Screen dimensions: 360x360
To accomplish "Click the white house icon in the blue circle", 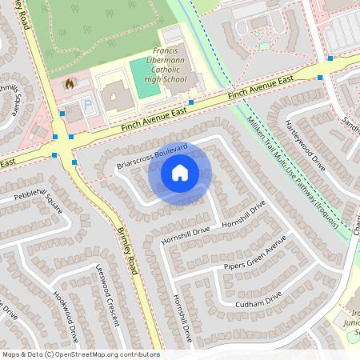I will coord(180,173).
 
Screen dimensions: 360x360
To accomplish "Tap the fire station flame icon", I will coord(69,83).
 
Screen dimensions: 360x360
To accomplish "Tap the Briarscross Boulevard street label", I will coord(152,155).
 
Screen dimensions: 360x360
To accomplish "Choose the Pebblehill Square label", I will coord(37,200).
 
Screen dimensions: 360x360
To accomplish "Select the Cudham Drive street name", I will coord(258,301).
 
